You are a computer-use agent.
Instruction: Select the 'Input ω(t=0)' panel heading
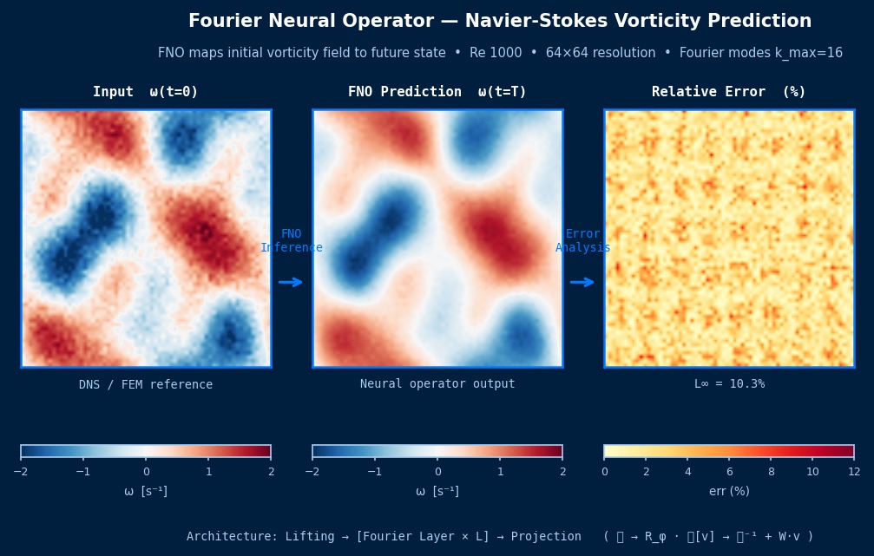tap(146, 92)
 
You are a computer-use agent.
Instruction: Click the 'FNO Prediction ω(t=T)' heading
tap(437, 92)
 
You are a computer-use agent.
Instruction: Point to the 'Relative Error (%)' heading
tap(729, 92)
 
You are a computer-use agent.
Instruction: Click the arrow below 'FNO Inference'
tap(291, 282)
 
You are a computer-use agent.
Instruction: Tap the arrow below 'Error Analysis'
tap(582, 282)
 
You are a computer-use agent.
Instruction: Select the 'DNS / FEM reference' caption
tap(146, 384)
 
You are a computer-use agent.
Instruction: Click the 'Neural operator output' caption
tap(437, 383)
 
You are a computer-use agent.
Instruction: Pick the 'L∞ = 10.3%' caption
tap(729, 383)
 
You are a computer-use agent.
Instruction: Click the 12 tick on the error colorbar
tap(854, 472)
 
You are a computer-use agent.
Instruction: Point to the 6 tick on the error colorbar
tap(729, 472)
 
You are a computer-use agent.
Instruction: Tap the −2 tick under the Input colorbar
tap(21, 472)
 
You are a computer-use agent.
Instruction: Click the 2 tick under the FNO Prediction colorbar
tap(562, 472)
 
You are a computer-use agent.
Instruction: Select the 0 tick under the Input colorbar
tap(146, 472)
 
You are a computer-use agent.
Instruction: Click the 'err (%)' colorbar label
tap(729, 491)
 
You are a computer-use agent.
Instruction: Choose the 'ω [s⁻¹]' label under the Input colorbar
tap(146, 491)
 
